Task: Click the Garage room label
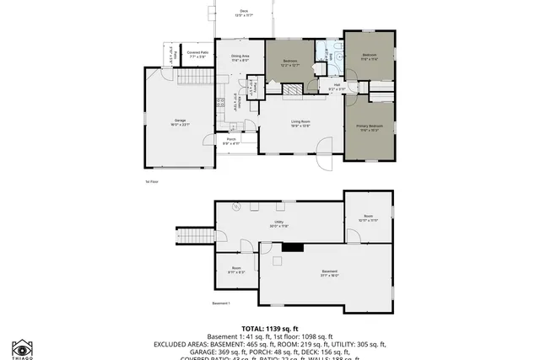click(181, 122)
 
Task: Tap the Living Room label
click(301, 124)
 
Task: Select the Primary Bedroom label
click(369, 128)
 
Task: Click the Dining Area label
click(240, 58)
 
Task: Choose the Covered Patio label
click(197, 55)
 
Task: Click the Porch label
click(231, 141)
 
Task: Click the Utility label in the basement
click(279, 224)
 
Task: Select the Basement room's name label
click(329, 273)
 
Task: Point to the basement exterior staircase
click(193, 234)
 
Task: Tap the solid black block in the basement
click(294, 247)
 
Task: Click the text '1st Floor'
click(152, 181)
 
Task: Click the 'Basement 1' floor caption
click(221, 304)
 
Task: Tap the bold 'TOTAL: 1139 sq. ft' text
click(269, 328)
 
